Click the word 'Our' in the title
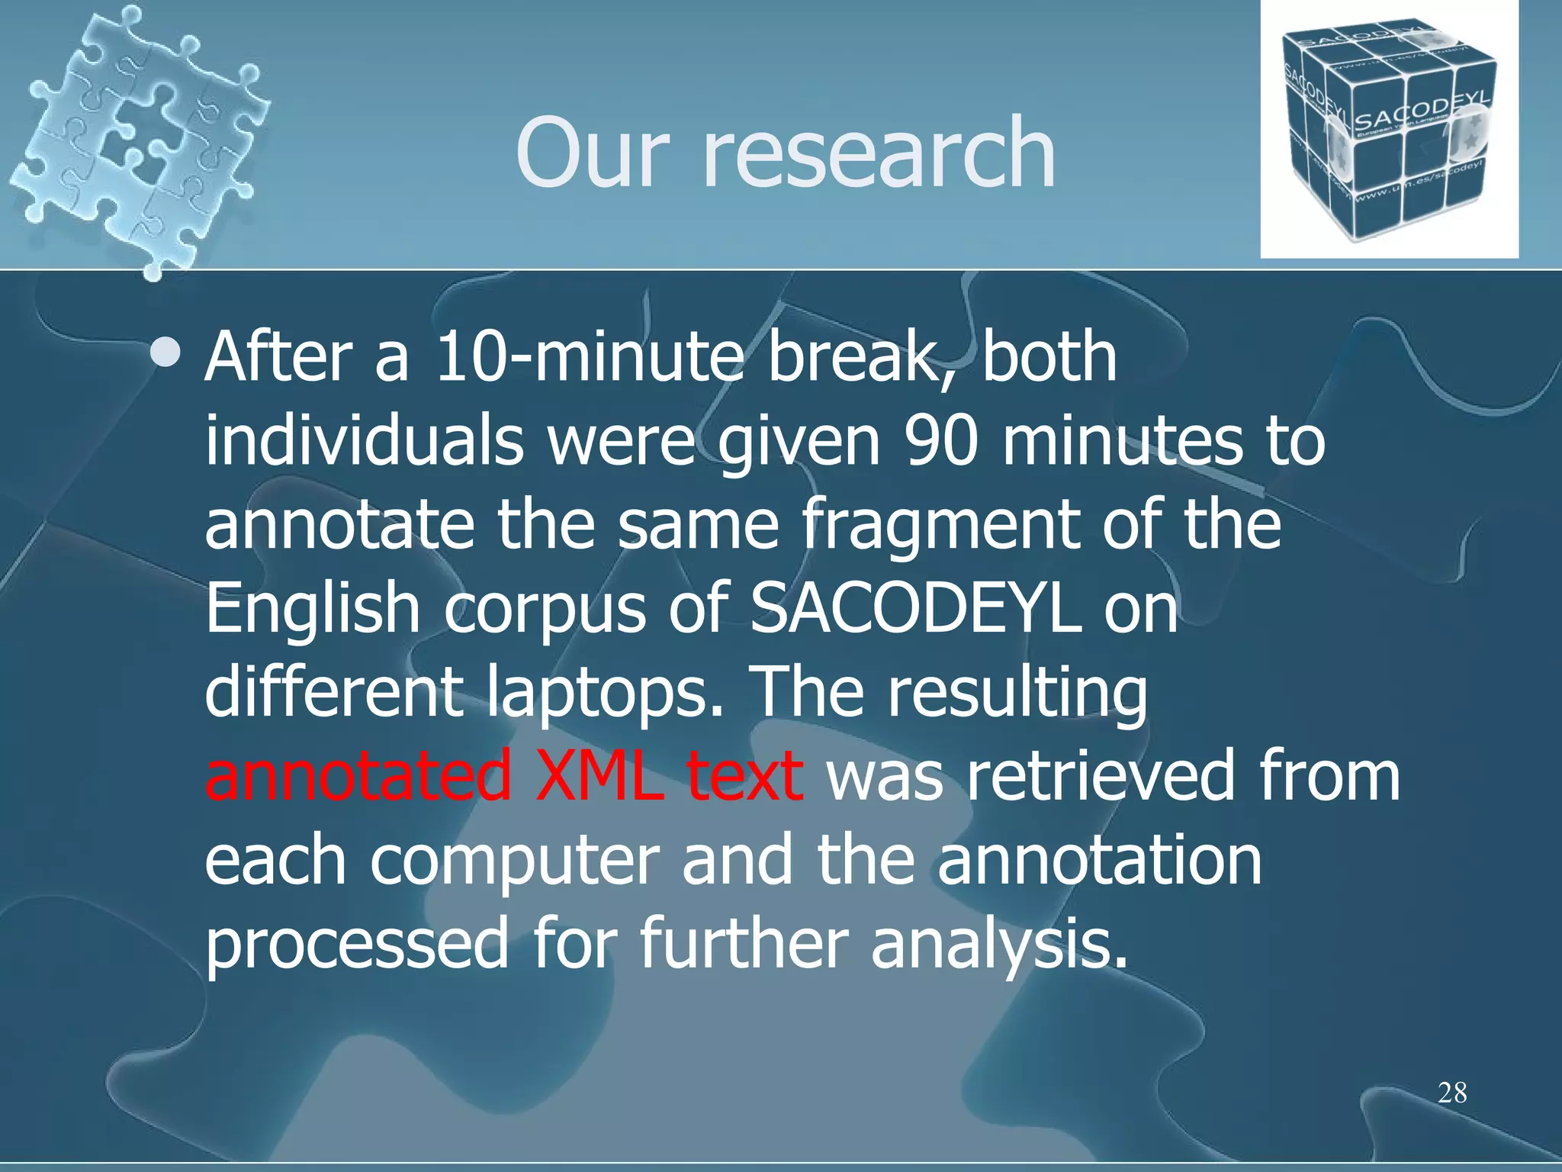pyautogui.click(x=592, y=153)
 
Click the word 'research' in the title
pyautogui.click(x=878, y=153)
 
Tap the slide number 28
pyautogui.click(x=1452, y=1093)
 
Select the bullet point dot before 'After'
pyautogui.click(x=166, y=353)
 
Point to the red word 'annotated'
pyautogui.click(x=358, y=775)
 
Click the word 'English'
pyautogui.click(x=313, y=608)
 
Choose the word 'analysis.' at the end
pyautogui.click(x=998, y=944)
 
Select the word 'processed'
pyautogui.click(x=357, y=944)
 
